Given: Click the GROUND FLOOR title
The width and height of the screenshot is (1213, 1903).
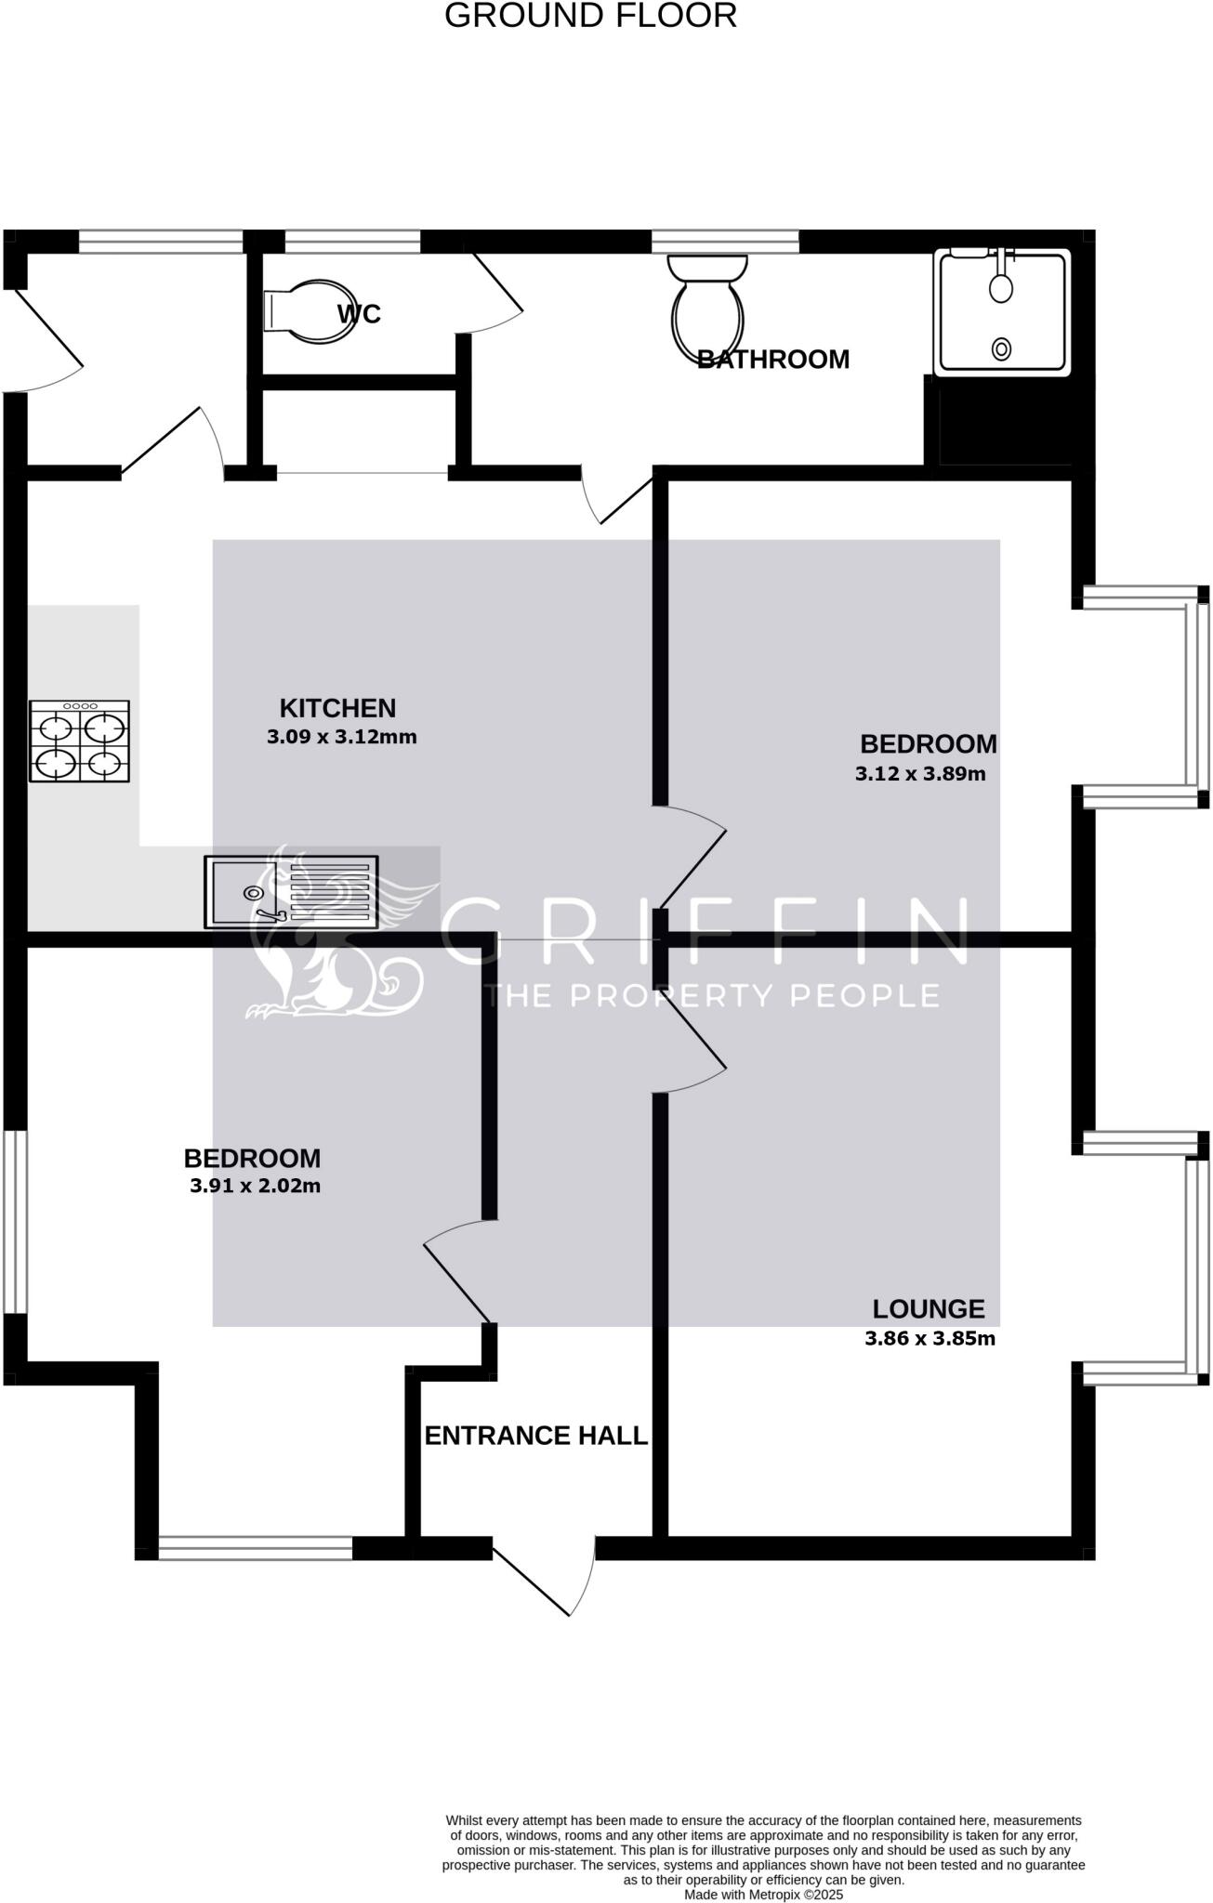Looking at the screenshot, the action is coord(590,16).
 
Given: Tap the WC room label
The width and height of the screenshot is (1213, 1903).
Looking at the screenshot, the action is coord(359,314).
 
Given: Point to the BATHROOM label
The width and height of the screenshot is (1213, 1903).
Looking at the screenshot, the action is coord(773,360).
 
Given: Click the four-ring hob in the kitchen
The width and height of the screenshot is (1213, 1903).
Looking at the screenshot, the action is coord(79,741).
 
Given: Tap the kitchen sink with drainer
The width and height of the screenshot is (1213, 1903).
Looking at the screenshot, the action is coord(291,892).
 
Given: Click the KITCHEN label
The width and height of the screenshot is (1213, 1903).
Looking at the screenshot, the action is coord(337,708).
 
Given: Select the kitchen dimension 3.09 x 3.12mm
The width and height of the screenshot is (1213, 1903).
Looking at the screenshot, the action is coord(341,738).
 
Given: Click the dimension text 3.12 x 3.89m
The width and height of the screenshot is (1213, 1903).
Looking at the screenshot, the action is coord(920,773).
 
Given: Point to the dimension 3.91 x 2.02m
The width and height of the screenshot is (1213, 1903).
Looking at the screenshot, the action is coord(255,1186).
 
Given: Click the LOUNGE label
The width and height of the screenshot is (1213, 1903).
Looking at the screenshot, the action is coord(928,1309).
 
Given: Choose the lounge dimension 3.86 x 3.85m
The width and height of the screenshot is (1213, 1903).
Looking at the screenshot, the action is coord(930,1339).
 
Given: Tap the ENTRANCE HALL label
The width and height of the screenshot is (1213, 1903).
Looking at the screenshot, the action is coord(535,1436).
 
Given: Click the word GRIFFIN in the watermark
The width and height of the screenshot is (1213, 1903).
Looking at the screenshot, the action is coord(704,932).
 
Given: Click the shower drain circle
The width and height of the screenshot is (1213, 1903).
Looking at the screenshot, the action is coord(1001,349).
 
